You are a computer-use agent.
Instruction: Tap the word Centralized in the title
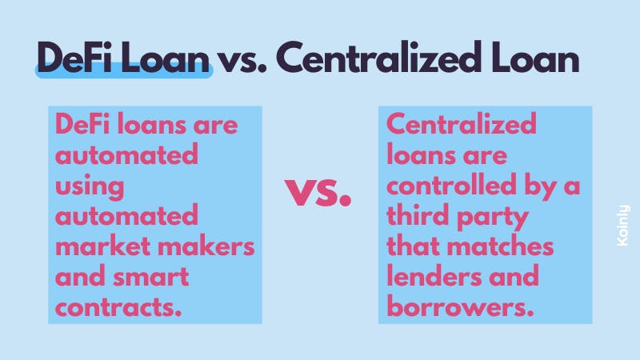376,58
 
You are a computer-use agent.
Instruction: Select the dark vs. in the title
241,62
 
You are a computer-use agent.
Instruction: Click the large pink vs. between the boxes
318,192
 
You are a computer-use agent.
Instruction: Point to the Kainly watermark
623,226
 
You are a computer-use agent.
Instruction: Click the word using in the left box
90,187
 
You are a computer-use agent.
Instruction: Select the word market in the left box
103,246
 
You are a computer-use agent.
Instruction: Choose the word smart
150,278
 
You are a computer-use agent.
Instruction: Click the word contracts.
118,308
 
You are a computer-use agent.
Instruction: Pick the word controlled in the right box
451,186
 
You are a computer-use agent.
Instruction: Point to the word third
418,215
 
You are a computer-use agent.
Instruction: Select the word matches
500,246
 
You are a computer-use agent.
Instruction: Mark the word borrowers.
460,307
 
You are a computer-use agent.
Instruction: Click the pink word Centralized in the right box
462,124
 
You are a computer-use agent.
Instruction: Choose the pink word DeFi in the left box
82,124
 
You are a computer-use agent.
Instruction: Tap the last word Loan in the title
534,58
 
